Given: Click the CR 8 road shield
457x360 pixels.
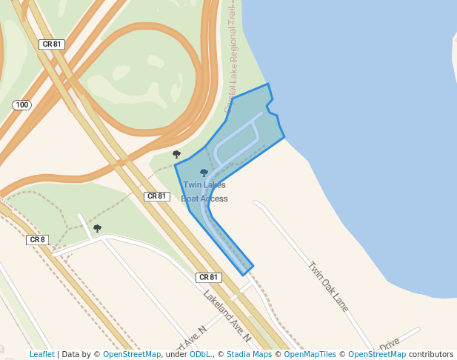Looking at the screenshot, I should pos(37,239).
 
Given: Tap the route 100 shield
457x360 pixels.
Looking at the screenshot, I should pos(21,105).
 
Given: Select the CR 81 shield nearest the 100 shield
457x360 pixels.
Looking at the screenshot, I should pos(52,44).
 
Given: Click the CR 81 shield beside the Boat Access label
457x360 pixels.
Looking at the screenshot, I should pos(157,196).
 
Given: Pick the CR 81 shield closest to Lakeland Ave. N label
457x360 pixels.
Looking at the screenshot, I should pos(209,277).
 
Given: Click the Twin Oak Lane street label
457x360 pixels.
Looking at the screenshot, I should pos(328,286).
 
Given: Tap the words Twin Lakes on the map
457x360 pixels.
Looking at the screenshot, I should pos(204,185).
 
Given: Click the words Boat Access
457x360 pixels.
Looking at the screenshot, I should pos(204,199).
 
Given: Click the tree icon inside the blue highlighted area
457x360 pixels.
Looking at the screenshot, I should pos(204,173).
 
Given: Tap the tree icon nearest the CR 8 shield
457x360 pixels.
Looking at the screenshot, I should pos(97,228).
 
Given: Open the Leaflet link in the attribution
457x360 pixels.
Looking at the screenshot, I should pos(41,355).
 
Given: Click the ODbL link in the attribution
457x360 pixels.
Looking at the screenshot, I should pos(199,355).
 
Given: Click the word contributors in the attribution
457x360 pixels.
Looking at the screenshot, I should pos(431,355).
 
